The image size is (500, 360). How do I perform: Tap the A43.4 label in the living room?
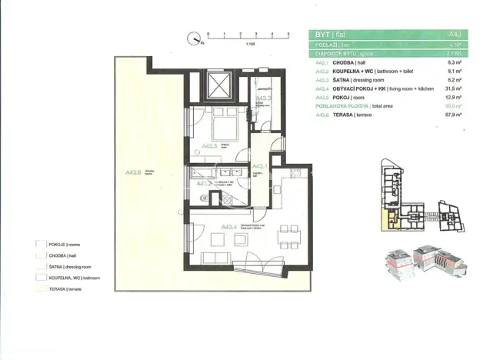(x=228, y=227)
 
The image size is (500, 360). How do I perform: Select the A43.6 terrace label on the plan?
(x=132, y=172)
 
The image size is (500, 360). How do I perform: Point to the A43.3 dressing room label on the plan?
(x=264, y=98)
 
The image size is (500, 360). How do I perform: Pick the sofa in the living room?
(x=218, y=256)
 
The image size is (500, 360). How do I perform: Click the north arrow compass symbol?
(x=195, y=35)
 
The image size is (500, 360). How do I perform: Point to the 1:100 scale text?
(x=250, y=45)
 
